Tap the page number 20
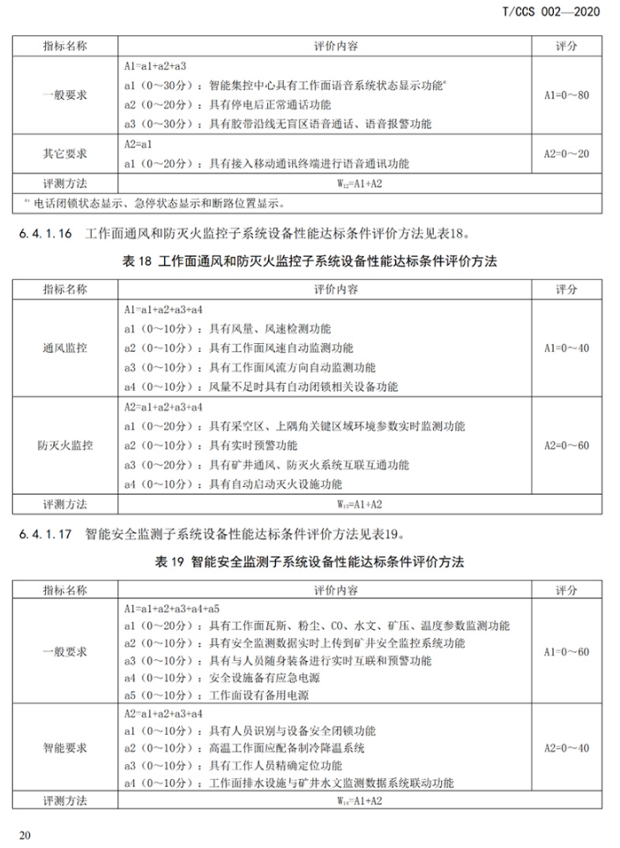coord(24,834)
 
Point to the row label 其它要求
coord(65,154)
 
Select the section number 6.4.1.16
coord(47,234)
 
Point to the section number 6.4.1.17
coord(47,534)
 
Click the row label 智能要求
coord(65,748)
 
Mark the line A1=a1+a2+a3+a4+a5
coord(172,609)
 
